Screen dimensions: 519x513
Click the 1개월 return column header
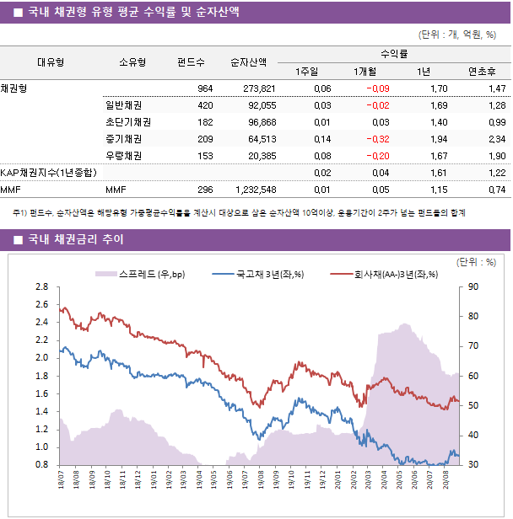365,71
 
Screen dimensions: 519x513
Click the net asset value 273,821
259,88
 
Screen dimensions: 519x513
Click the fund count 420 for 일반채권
204,105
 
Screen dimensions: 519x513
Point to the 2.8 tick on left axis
41,286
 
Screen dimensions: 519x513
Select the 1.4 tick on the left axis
41,411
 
